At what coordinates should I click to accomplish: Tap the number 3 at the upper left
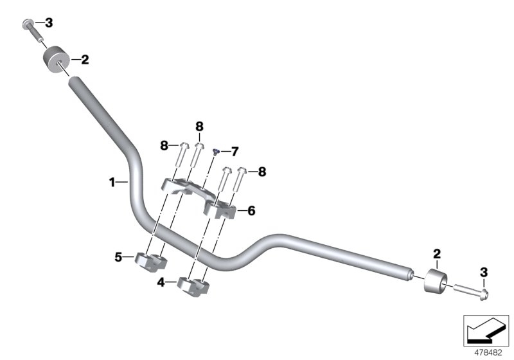coord(48,23)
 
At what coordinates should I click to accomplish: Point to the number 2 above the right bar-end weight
coord(436,254)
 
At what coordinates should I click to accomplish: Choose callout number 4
coord(162,282)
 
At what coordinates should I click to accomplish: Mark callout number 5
coord(118,258)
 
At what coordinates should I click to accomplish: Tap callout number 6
coord(251,210)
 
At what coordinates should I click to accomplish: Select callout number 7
coord(235,152)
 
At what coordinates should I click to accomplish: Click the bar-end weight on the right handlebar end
coord(435,282)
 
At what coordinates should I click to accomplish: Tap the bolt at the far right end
coord(472,292)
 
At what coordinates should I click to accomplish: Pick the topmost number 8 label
coord(199,126)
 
